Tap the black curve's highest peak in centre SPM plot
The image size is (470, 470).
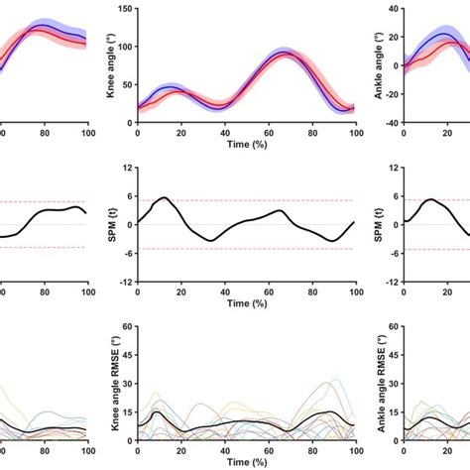[x=164, y=197]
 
